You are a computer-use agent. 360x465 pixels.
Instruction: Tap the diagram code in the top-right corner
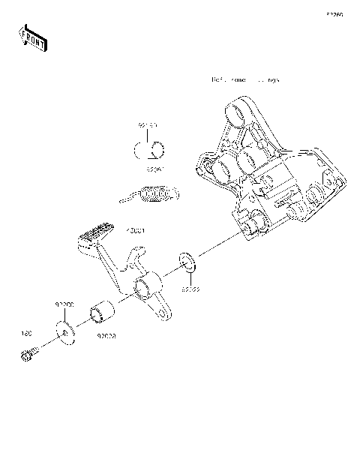tap(334, 14)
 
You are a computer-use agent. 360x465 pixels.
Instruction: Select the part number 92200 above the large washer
tap(64, 305)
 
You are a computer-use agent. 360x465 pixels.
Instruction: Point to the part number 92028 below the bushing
tap(105, 337)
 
